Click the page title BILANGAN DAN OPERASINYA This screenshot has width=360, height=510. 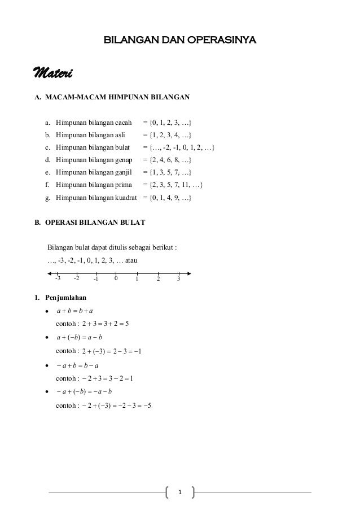179,40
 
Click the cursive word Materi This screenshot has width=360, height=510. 55,73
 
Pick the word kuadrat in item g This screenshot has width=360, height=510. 127,198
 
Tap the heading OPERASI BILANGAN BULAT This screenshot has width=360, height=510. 94,223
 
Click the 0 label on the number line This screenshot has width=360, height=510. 115,278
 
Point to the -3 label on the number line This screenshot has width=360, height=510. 58,278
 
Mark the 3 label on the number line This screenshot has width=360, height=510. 178,278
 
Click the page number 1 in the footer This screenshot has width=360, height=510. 180,493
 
